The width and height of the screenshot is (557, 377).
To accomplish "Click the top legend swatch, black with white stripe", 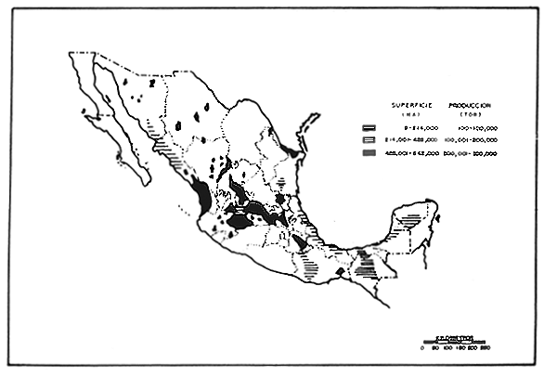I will coord(369,125).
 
